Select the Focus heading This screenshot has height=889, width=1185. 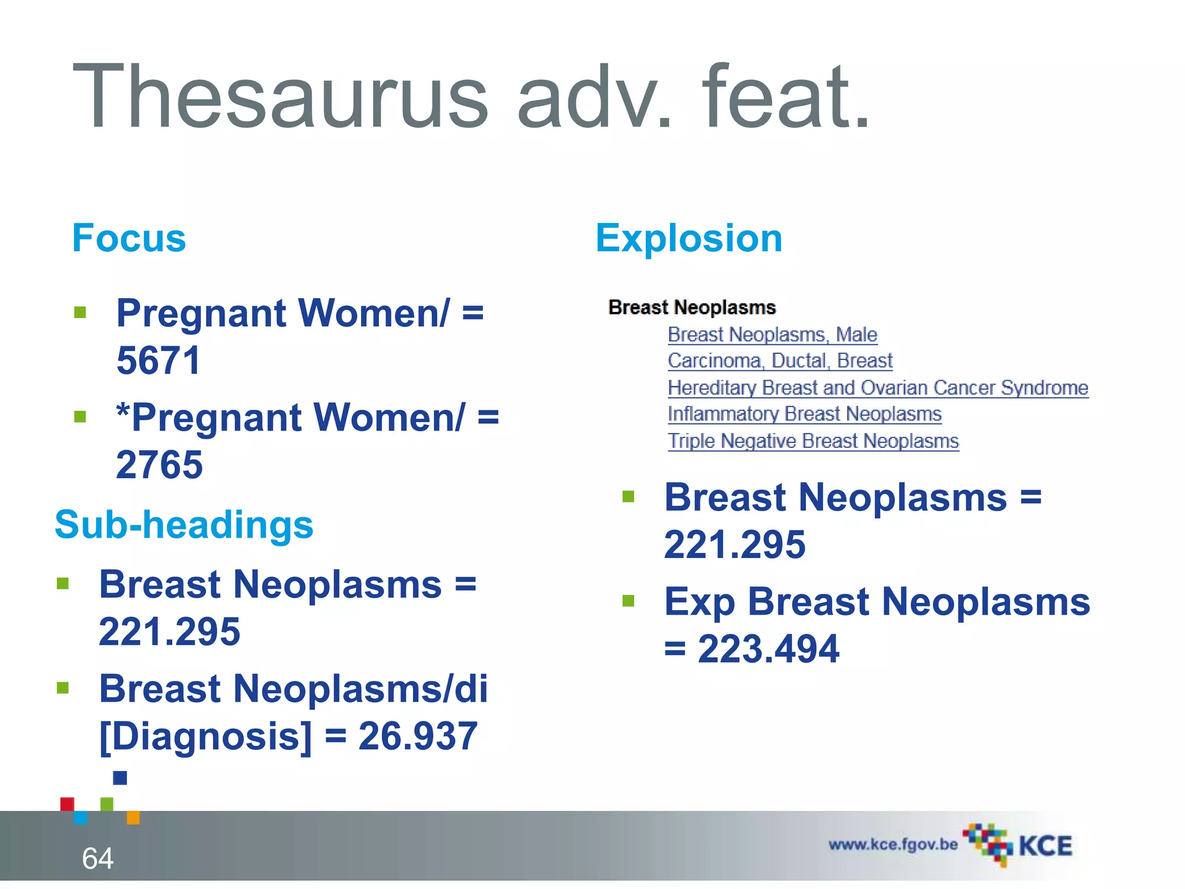(129, 238)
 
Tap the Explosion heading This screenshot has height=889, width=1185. (689, 238)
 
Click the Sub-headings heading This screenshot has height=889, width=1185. (184, 524)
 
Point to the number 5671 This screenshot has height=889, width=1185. (159, 360)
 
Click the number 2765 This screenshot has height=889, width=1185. (160, 464)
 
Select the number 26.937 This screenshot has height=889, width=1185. (418, 736)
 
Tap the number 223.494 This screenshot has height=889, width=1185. (768, 649)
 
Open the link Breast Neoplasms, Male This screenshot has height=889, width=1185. (772, 335)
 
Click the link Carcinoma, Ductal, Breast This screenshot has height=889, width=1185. (780, 361)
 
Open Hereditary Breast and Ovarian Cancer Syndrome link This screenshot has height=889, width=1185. (878, 387)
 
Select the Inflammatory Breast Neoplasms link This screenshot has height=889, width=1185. (804, 414)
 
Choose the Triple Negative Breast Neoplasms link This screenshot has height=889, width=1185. (813, 441)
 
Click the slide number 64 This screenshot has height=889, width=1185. (98, 858)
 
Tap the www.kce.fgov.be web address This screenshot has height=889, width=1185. (893, 844)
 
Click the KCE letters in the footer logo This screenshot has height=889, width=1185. (1045, 846)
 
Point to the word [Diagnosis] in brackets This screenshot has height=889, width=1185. (205, 736)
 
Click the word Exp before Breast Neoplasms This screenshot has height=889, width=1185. (699, 602)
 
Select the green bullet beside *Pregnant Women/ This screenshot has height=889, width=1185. (80, 417)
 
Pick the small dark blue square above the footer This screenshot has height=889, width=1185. (120, 778)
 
